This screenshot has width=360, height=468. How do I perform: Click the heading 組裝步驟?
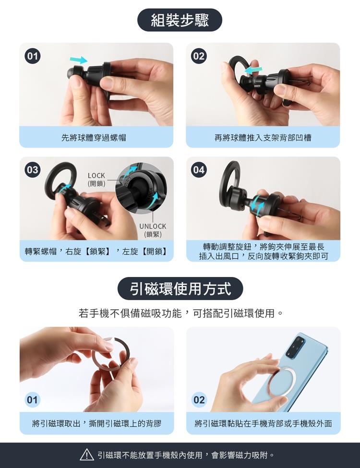(180, 20)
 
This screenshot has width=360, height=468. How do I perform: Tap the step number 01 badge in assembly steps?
(33, 57)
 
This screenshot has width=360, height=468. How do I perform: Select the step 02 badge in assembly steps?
(199, 57)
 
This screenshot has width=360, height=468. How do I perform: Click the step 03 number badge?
(33, 170)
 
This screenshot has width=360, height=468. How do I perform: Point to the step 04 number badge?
(199, 170)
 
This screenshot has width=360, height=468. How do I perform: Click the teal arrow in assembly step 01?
(79, 60)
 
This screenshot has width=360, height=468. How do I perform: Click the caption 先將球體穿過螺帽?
(94, 138)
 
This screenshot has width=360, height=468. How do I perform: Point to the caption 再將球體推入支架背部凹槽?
(263, 138)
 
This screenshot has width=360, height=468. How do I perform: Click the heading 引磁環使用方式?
(180, 288)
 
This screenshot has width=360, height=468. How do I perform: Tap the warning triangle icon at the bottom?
(87, 455)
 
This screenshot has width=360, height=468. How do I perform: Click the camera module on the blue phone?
(295, 347)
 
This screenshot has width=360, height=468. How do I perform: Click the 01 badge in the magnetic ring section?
(32, 400)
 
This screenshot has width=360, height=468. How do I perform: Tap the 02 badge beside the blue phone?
(199, 400)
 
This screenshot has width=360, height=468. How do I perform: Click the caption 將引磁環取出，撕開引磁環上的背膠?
(96, 423)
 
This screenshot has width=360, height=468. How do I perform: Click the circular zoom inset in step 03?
(141, 188)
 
